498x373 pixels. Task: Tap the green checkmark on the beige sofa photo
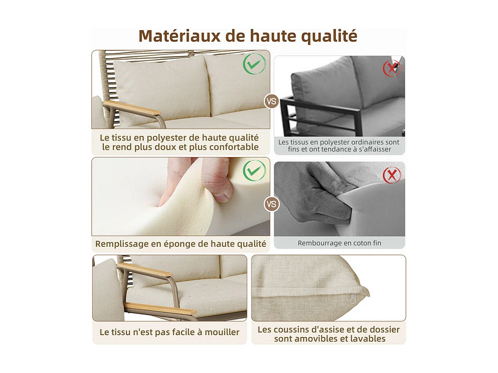254,64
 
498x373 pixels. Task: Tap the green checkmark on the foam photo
254,170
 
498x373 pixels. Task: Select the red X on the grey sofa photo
392,68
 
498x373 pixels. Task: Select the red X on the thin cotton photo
392,175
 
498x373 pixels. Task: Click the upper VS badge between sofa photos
271,101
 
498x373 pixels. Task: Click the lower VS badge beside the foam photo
271,203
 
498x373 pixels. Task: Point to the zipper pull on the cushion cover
352,300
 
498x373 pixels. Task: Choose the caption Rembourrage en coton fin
339,243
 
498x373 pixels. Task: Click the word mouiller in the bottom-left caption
221,332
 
